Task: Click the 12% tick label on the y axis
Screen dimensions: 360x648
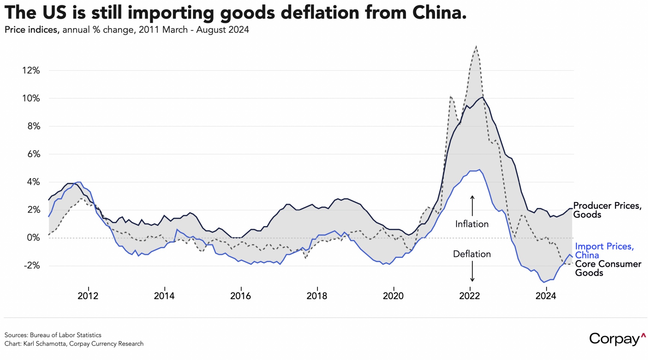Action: [31, 70]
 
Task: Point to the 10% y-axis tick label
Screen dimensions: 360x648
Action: [31, 98]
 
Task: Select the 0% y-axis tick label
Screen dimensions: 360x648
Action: [33, 238]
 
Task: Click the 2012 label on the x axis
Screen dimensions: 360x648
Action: [88, 296]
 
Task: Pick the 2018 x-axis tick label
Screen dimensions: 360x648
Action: [317, 296]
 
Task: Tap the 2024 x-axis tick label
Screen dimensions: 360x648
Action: [546, 296]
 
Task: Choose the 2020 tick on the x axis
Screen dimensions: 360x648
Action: [393, 296]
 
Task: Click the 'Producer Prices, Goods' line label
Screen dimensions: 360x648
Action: [607, 210]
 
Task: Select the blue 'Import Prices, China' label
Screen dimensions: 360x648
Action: [604, 251]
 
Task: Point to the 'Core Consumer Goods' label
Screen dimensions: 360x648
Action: [608, 268]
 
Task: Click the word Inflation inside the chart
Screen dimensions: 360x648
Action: [472, 224]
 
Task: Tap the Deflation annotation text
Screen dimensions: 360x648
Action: [472, 254]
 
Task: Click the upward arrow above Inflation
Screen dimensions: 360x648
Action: [472, 206]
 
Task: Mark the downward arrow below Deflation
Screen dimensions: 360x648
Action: [472, 272]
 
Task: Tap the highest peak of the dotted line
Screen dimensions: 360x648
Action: [476, 46]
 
